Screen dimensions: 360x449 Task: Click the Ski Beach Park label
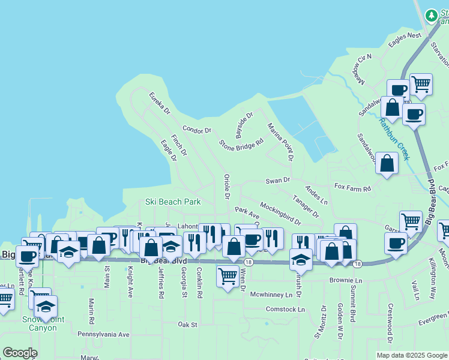tap(173, 202)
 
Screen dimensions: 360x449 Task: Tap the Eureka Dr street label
tap(160, 103)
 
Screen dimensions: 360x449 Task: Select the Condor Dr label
tap(197, 130)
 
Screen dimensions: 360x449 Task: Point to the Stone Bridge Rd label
tap(241, 145)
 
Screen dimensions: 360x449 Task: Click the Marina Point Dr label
tap(280, 142)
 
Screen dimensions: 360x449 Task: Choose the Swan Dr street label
tap(278, 180)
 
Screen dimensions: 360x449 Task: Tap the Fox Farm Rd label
tap(353, 188)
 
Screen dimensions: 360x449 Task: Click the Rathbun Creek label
tap(394, 139)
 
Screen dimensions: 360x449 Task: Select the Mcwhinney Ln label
tap(275, 295)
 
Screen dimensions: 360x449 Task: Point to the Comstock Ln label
tap(285, 309)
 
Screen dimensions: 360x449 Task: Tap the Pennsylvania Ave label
tap(103, 334)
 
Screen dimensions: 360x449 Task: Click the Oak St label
tap(187, 324)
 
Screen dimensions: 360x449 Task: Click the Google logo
tap(20, 353)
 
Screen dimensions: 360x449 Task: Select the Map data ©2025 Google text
tap(411, 355)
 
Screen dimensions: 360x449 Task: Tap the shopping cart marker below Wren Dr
tap(228, 276)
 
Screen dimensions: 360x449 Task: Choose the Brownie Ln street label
tap(346, 280)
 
